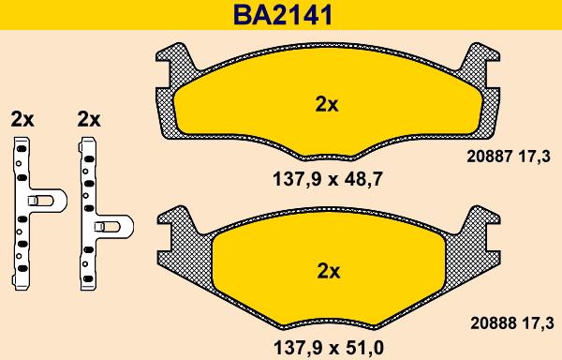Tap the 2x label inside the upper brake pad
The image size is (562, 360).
tap(326, 105)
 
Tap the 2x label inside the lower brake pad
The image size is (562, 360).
tap(326, 271)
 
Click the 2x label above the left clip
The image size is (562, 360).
tap(22, 119)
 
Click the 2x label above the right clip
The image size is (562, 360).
tap(89, 119)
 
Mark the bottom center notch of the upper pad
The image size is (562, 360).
tap(326, 155)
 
